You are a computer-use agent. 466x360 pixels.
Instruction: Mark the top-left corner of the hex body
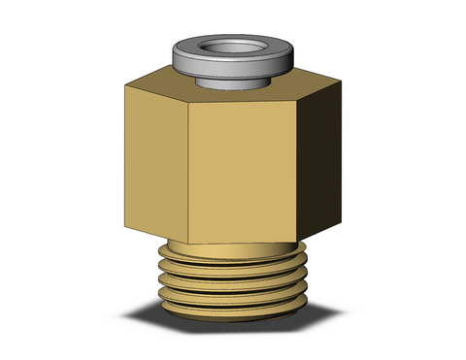125,90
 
